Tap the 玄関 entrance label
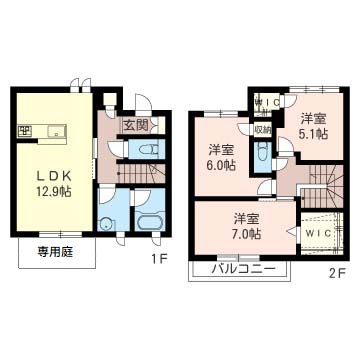136,125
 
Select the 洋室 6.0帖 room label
222,159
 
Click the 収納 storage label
262,129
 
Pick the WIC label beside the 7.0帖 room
319,233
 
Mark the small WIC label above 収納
266,102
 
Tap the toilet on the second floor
262,154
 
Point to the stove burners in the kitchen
23,131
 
